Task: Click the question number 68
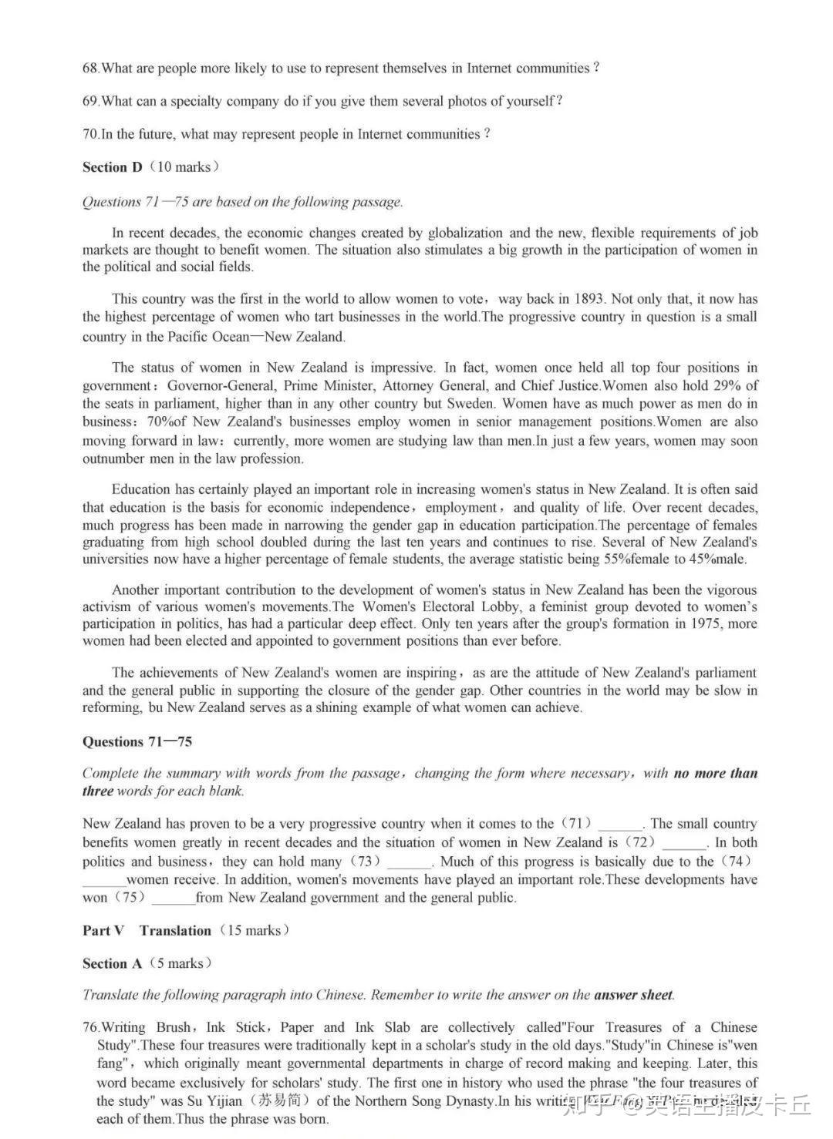point(90,69)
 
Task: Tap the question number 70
point(90,134)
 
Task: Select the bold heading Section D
point(113,167)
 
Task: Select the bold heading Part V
point(103,931)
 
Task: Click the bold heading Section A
point(113,964)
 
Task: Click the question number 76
point(91,1028)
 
